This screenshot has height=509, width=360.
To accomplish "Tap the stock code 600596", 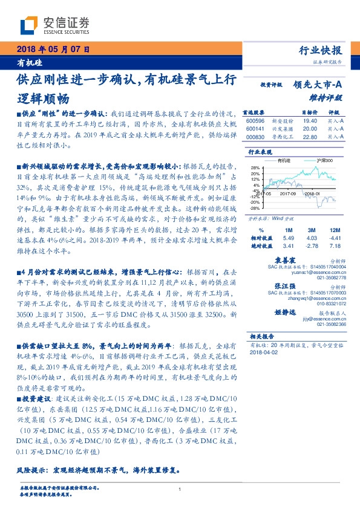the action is pyautogui.click(x=255, y=122).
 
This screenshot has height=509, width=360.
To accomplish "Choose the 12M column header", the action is pyautogui.click(x=334, y=231).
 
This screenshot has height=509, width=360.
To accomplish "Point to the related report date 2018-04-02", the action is pyautogui.click(x=262, y=351).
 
